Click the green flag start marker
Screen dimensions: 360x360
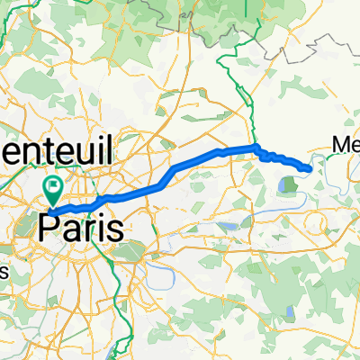[x=53, y=189]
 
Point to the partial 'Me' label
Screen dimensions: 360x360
[x=346, y=145]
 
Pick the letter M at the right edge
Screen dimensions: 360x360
[x=341, y=145]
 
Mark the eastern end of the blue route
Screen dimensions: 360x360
[x=310, y=168]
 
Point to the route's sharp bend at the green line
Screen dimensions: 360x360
[x=256, y=148]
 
